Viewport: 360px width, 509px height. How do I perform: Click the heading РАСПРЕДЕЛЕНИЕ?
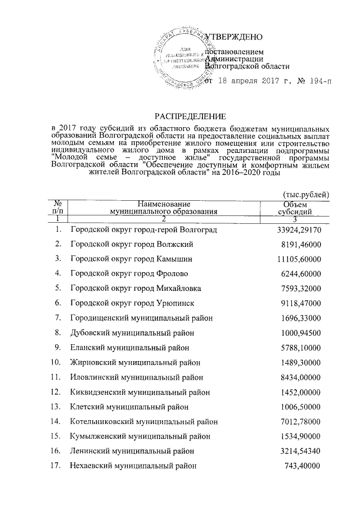click(190, 117)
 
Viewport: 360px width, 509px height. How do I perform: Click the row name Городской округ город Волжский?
click(132, 245)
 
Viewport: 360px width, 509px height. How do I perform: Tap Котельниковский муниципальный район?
click(144, 421)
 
